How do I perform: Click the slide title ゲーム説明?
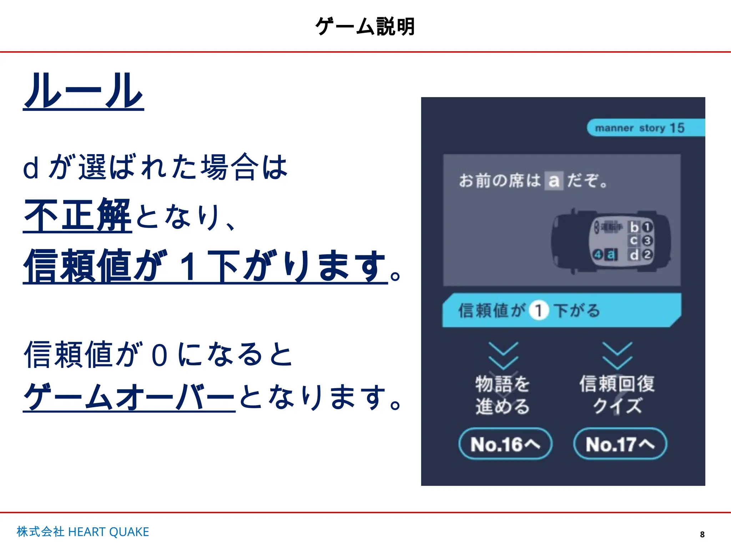(x=365, y=27)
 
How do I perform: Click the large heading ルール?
(x=84, y=91)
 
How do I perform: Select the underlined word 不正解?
(x=77, y=215)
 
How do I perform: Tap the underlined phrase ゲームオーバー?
(x=129, y=397)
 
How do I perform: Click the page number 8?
(x=702, y=534)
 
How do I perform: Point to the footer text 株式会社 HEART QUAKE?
(x=83, y=532)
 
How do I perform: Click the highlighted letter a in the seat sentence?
(x=554, y=181)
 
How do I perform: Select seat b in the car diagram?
(x=634, y=227)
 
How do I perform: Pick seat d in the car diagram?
(x=634, y=255)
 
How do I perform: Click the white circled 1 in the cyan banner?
(x=539, y=310)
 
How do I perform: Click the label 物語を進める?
(x=503, y=395)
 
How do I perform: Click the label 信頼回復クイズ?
(x=617, y=395)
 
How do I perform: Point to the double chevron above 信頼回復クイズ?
(x=617, y=356)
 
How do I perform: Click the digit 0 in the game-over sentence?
(x=159, y=355)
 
